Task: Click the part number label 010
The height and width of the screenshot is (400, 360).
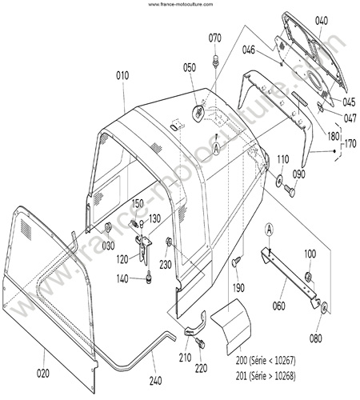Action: tap(122, 76)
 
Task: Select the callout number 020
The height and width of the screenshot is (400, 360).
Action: tap(43, 374)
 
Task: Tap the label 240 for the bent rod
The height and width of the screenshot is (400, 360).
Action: tap(155, 381)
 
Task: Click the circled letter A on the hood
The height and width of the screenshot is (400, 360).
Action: tap(217, 148)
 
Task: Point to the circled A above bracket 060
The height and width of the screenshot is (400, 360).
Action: tap(270, 230)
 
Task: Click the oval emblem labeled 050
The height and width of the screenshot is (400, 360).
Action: tap(198, 113)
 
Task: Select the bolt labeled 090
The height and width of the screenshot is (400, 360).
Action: tap(289, 190)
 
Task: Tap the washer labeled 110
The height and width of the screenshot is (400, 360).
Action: tap(279, 182)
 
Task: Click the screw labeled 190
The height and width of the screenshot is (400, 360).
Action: tap(235, 261)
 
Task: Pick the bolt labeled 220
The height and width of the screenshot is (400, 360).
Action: tap(200, 343)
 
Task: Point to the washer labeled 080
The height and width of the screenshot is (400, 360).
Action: tap(323, 308)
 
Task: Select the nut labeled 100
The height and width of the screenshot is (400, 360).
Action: tap(308, 277)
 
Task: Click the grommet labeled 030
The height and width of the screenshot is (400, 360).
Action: tap(108, 227)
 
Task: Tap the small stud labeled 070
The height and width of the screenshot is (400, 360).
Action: tap(214, 61)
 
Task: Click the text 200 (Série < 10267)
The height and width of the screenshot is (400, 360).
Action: tap(266, 361)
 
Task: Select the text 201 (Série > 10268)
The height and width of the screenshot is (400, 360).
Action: tap(266, 376)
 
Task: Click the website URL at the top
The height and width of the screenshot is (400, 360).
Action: tap(181, 4)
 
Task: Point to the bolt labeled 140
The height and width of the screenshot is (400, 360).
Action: tap(149, 278)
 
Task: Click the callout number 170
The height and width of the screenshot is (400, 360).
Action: tap(350, 144)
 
